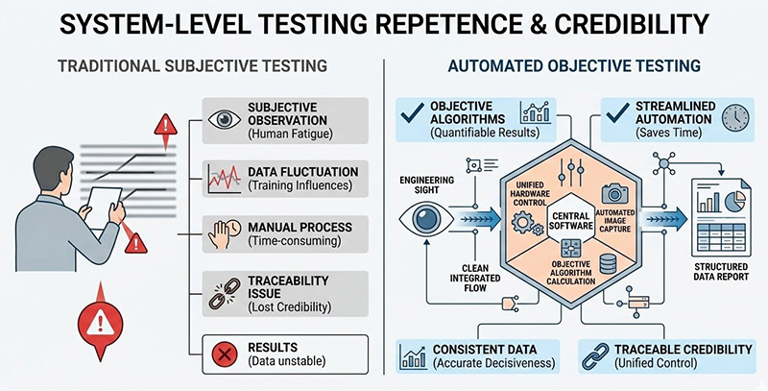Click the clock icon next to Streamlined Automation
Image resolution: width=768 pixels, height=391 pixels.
pos(736,118)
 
